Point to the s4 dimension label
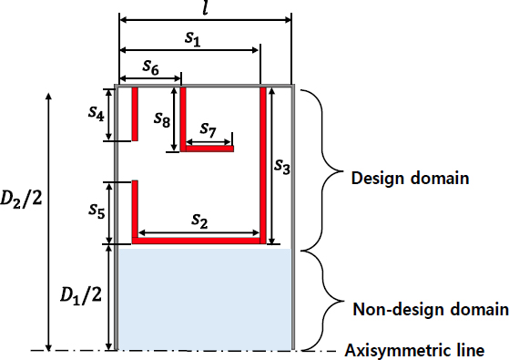pos(96,114)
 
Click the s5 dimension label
pos(96,211)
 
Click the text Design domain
pos(410,179)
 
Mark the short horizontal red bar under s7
pos(208,147)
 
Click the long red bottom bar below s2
pos(200,241)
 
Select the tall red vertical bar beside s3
pos(264,164)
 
